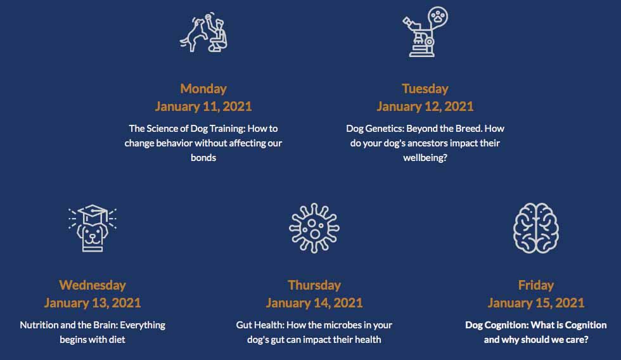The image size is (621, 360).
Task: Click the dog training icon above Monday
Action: [x=203, y=32]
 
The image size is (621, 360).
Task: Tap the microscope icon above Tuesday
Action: [x=425, y=32]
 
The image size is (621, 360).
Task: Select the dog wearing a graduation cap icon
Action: [x=93, y=228]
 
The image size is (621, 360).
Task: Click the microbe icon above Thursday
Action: [x=314, y=228]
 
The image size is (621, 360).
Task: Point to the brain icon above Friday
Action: [x=536, y=228]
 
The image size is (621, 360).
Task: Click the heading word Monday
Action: [x=203, y=89]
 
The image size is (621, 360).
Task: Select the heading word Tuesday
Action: [x=425, y=89]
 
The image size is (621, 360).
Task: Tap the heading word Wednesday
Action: [x=93, y=285]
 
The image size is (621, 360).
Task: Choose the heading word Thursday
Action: [x=314, y=285]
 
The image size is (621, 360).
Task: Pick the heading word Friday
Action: [x=536, y=285]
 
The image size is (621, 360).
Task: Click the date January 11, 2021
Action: [x=203, y=106]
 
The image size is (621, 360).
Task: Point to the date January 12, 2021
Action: [x=425, y=106]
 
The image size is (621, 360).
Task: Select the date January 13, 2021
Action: [x=93, y=303]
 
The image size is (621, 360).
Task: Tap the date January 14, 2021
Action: [x=314, y=303]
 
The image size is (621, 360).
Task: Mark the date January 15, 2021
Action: [x=536, y=303]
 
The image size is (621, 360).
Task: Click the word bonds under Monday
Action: [x=203, y=158]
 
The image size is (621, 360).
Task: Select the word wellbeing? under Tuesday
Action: [x=425, y=158]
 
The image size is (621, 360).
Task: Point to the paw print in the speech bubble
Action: [x=438, y=16]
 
